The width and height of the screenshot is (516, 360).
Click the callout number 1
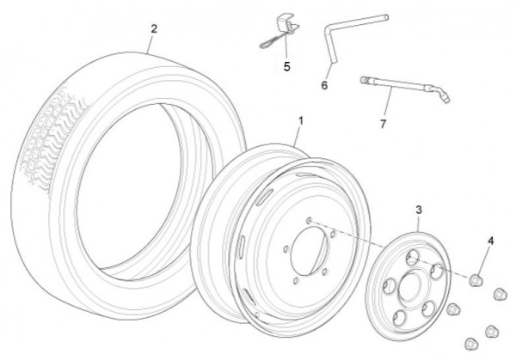301,123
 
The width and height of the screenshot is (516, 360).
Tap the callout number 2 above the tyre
154,28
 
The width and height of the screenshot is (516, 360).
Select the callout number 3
419,210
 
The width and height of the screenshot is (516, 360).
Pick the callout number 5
288,64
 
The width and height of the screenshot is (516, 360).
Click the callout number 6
324,85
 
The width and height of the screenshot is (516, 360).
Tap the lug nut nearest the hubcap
452,310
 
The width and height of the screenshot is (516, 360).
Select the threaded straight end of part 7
365,82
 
